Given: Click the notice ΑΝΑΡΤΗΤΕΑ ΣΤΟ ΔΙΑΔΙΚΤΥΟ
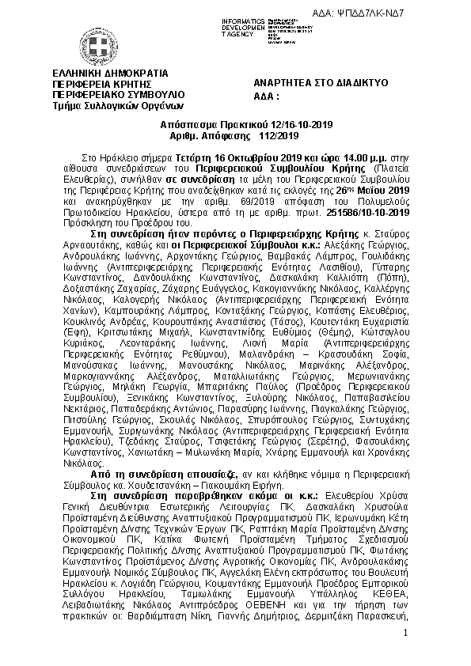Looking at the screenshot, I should click(319, 83).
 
